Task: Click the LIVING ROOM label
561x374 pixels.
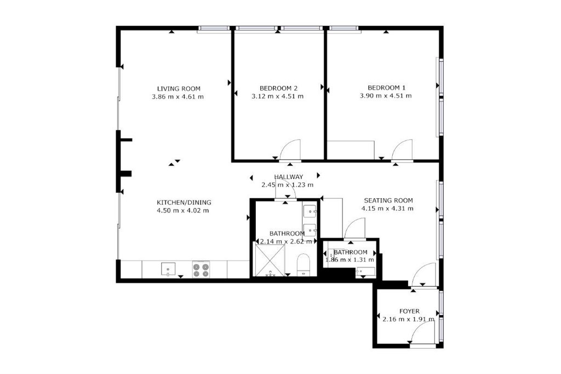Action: pos(179,89)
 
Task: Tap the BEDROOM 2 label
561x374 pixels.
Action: pos(278,88)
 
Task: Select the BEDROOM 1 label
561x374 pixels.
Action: pos(386,88)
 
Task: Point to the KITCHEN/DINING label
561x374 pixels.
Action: pos(184,203)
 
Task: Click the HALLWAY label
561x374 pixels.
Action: pos(289,177)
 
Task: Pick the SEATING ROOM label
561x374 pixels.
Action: pos(388,200)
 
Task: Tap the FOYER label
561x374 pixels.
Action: pos(409,312)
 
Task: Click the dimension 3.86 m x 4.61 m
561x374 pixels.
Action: pos(178,96)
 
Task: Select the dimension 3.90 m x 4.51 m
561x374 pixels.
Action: pos(386,96)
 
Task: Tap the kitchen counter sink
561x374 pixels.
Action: pos(168,269)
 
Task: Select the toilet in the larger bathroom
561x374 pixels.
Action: pos(304,265)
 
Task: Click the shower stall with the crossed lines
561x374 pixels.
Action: pos(269,259)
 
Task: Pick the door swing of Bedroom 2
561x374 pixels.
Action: pos(290,149)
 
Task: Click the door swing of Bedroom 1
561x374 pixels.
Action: pos(402,150)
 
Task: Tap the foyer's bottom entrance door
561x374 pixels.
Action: pos(422,332)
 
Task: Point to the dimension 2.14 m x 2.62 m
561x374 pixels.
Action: pos(287,241)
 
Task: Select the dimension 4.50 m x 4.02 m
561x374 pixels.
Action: pos(183,211)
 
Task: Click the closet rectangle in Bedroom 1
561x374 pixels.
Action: pos(351,150)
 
